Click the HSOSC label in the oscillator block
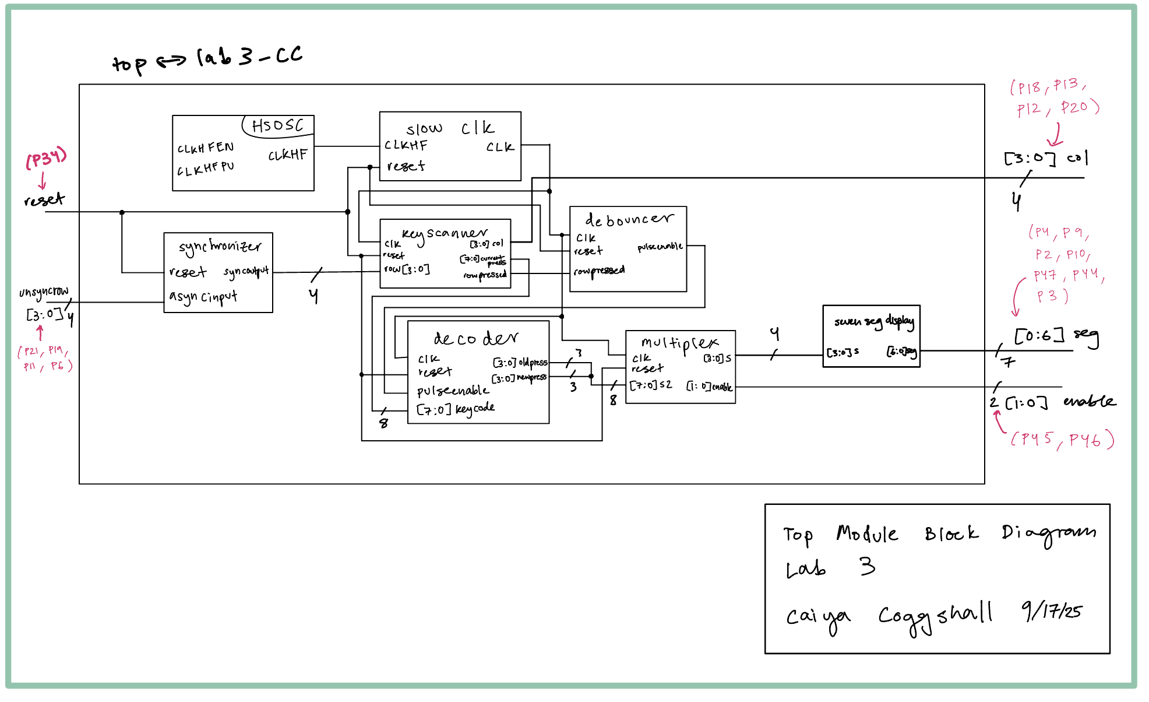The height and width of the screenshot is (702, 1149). click(x=277, y=125)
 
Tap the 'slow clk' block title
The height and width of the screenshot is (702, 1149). click(x=450, y=128)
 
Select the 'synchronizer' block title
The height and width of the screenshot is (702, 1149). click(x=220, y=247)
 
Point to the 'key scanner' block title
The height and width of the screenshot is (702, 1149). click(x=445, y=234)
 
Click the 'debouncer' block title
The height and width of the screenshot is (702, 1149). click(x=629, y=220)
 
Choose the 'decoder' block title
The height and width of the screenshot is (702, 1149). click(x=475, y=339)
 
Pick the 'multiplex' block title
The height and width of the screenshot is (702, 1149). click(x=679, y=343)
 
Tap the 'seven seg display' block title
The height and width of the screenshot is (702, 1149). click(x=873, y=321)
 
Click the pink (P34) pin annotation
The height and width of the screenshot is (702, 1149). click(x=46, y=158)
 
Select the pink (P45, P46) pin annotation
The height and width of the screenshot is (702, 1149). click(x=1062, y=439)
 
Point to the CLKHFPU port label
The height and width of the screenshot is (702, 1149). click(x=206, y=169)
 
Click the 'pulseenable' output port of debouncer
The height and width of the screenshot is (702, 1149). click(x=660, y=247)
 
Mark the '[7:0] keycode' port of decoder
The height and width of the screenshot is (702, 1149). click(x=456, y=409)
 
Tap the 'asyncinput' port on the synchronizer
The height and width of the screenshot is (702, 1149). click(x=203, y=297)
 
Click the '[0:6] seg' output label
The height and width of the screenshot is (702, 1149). click(x=1056, y=336)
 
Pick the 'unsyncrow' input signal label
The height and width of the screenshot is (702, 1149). click(x=44, y=292)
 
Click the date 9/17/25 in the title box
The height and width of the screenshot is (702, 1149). click(x=1052, y=610)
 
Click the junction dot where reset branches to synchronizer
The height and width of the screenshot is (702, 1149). click(x=122, y=212)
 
